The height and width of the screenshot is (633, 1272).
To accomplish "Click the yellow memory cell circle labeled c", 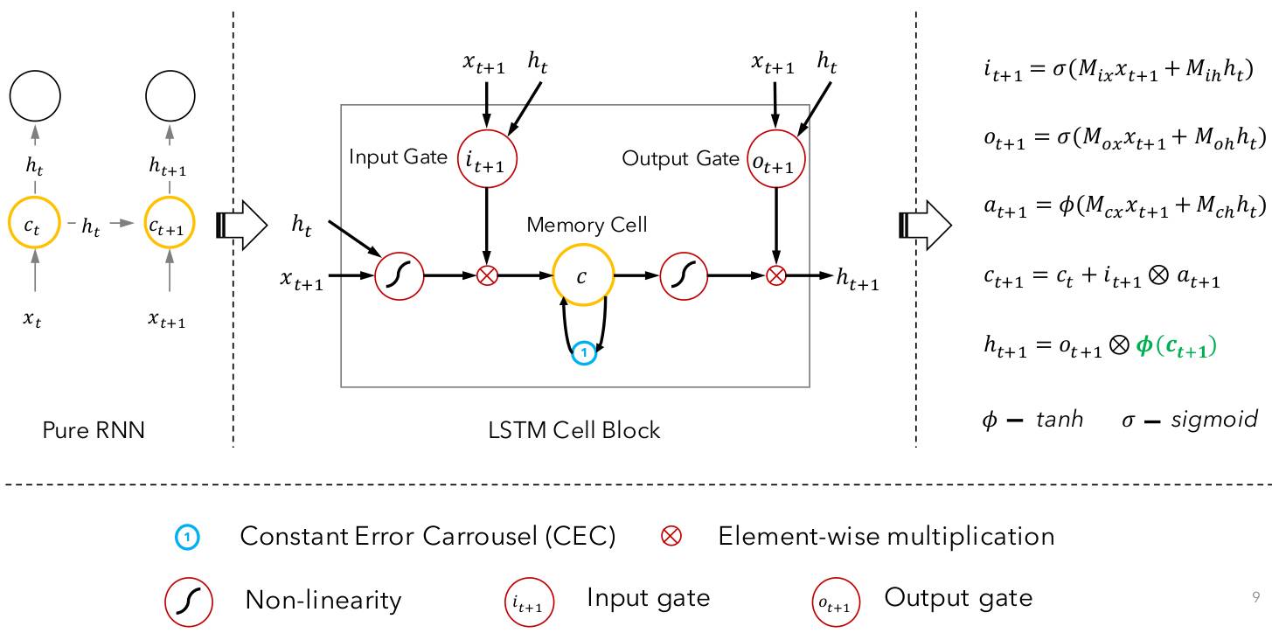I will click(583, 276).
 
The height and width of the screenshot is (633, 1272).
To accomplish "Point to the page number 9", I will click(1255, 598).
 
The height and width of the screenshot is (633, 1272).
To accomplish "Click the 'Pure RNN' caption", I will click(93, 430).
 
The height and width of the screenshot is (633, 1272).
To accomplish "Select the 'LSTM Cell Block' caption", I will click(573, 430).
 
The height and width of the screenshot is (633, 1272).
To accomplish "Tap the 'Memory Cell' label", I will click(587, 225).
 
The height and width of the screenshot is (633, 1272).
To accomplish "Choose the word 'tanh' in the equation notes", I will click(1060, 420).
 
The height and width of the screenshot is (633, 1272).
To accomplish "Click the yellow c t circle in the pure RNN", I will click(32, 226).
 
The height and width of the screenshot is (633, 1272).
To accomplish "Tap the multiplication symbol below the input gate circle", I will click(487, 276).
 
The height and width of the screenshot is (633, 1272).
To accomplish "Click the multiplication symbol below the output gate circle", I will click(775, 276).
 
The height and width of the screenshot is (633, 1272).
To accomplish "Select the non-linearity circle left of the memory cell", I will click(399, 276).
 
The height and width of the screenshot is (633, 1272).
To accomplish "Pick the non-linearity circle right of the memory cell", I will click(685, 276).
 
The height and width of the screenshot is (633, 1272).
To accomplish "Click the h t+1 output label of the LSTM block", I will click(858, 279).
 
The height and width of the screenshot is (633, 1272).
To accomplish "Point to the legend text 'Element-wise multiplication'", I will click(886, 535).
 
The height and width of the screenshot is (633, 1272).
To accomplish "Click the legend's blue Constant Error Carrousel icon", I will click(189, 537).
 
